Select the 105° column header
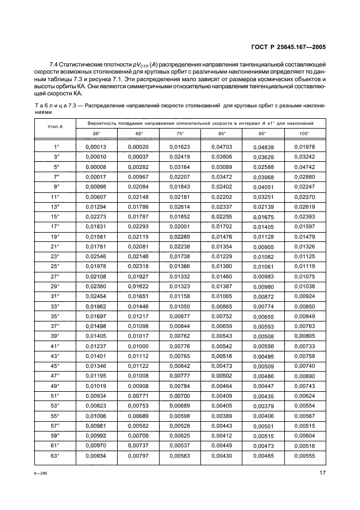[x=304, y=133]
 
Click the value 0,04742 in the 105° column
[x=304, y=167]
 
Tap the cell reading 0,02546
[x=96, y=256]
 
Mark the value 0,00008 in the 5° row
[x=96, y=167]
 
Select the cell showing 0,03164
[x=180, y=167]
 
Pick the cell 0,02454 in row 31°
[x=96, y=296]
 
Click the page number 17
[x=322, y=473]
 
